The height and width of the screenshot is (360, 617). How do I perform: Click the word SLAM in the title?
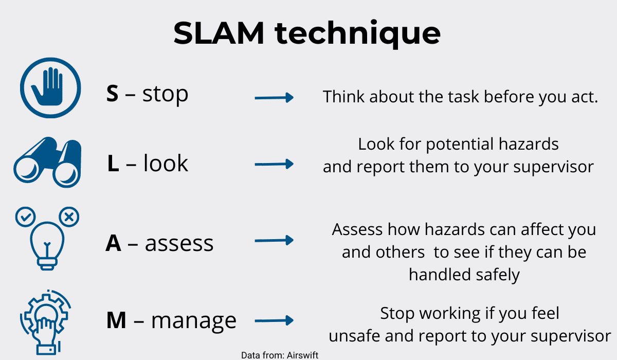coord(219,33)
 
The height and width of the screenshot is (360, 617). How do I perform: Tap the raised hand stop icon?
coord(51,88)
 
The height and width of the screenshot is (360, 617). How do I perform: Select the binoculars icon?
coord(47,162)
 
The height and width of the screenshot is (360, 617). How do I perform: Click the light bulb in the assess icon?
coord(47,245)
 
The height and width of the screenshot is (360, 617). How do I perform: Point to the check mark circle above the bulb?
coord(25,217)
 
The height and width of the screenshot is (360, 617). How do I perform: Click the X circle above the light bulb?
coord(69,217)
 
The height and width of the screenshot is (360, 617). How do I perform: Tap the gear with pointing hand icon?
coord(46,322)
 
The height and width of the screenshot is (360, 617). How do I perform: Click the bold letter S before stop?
coord(113,94)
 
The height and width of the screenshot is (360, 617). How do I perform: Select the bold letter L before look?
coord(113,164)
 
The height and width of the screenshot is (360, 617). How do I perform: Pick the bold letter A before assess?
coord(113,243)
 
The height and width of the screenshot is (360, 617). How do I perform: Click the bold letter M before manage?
coord(116,320)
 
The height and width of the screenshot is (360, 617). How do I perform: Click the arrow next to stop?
coord(274,98)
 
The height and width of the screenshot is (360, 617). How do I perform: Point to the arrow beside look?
coord(274,164)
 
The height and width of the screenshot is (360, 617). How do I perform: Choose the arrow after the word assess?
coord(274,240)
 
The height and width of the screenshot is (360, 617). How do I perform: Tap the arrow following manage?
coord(274,320)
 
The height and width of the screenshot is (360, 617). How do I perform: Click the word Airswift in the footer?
coord(302,355)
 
